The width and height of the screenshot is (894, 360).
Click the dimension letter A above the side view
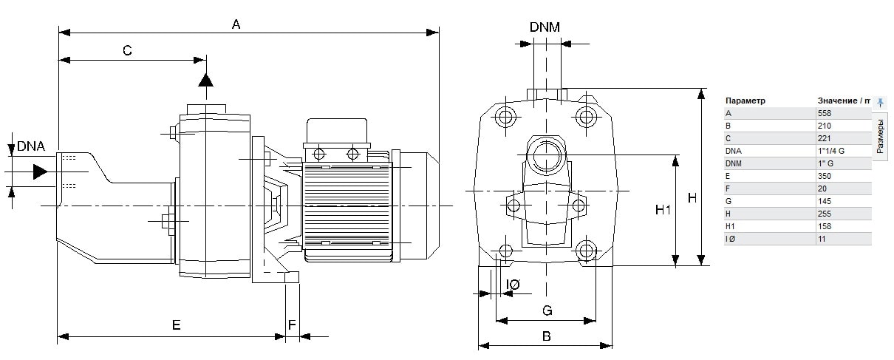pos(236,24)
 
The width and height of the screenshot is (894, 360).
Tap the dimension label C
pos(127,51)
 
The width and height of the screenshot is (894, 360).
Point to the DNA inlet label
pos(31,146)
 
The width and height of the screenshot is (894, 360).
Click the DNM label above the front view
pos(545,27)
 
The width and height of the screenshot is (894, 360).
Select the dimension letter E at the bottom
pos(176,325)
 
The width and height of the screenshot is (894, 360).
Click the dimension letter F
pos(292,325)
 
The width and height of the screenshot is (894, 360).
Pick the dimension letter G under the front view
pos(547,310)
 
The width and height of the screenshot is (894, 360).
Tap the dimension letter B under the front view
pos(547,336)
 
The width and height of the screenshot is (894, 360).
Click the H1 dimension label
pos(663,209)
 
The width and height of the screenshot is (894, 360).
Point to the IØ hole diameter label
pos(513,285)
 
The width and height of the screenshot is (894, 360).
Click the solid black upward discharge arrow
pos(206,80)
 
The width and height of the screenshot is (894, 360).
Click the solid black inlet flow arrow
pos(41,171)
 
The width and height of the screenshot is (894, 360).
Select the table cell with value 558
pos(825,113)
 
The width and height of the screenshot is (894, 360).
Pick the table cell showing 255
pos(825,214)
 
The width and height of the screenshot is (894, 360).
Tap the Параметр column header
pos(745,101)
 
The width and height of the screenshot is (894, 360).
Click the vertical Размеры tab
pos(880,137)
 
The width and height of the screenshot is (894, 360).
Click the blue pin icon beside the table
pos(880,103)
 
